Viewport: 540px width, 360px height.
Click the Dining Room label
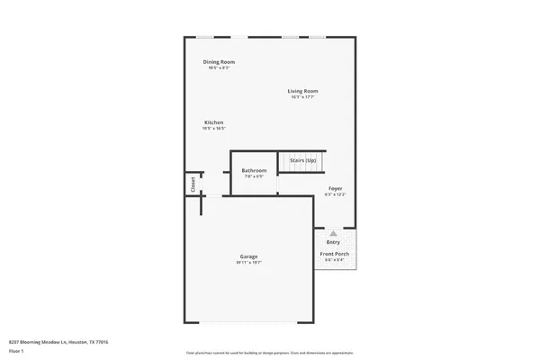[x=219, y=61]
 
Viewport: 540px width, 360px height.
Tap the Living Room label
[x=303, y=91]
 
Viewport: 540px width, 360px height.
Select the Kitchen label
[x=213, y=122]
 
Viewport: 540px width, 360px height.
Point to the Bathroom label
[x=254, y=170]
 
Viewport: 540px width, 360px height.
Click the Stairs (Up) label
[x=302, y=160]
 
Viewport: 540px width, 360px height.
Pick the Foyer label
[x=335, y=188]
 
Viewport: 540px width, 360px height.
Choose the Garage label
[x=248, y=256]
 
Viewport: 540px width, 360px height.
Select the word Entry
[x=333, y=241]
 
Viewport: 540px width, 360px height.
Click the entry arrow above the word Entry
[x=333, y=232]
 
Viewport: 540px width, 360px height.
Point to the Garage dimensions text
[x=248, y=263]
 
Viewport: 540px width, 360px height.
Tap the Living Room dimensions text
[x=303, y=97]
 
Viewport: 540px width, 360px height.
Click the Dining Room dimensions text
[x=219, y=67]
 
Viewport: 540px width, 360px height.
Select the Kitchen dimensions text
[x=213, y=129]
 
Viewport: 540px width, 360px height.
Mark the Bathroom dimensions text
[x=254, y=176]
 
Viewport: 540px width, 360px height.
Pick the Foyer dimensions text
[x=335, y=194]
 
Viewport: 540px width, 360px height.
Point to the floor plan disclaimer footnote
[x=270, y=351]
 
